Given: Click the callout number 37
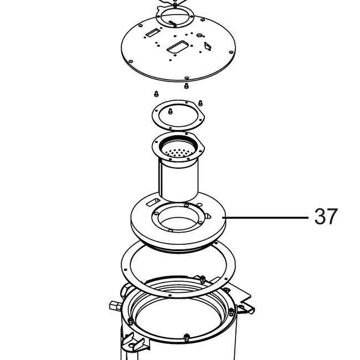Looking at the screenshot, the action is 326,216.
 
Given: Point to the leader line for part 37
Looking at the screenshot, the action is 266,217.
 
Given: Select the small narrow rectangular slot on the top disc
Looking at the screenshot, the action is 152,33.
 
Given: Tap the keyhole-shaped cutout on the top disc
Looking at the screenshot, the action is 208,45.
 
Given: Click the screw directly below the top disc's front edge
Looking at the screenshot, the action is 186,86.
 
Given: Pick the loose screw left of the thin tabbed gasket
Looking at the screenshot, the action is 156,94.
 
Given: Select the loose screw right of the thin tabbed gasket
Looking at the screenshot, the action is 200,103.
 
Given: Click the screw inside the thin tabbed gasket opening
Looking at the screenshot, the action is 170,111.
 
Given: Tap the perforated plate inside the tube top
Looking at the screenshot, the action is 178,152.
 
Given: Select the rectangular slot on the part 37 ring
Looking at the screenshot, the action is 153,202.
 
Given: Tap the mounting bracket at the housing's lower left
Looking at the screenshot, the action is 132,342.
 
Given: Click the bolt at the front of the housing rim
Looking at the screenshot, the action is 187,337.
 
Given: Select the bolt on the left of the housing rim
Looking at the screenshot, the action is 130,321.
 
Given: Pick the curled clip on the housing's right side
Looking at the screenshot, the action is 246,308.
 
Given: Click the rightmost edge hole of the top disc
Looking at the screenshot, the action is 231,52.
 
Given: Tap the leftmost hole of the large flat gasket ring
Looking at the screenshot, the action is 125,270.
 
